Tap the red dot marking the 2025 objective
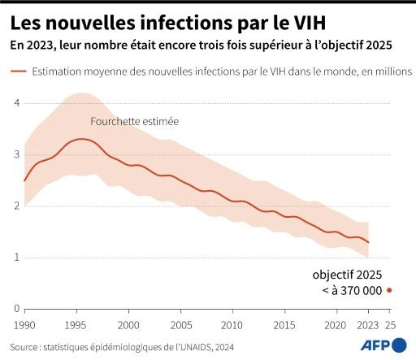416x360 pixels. (x=389, y=290)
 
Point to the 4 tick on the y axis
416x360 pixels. (x=15, y=102)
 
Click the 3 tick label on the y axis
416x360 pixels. (x=15, y=154)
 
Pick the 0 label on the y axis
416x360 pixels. (x=15, y=309)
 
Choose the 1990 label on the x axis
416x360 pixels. (x=24, y=324)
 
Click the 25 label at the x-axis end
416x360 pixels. (x=390, y=324)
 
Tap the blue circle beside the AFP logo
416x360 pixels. (x=400, y=345)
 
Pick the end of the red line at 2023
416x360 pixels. (x=368, y=242)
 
